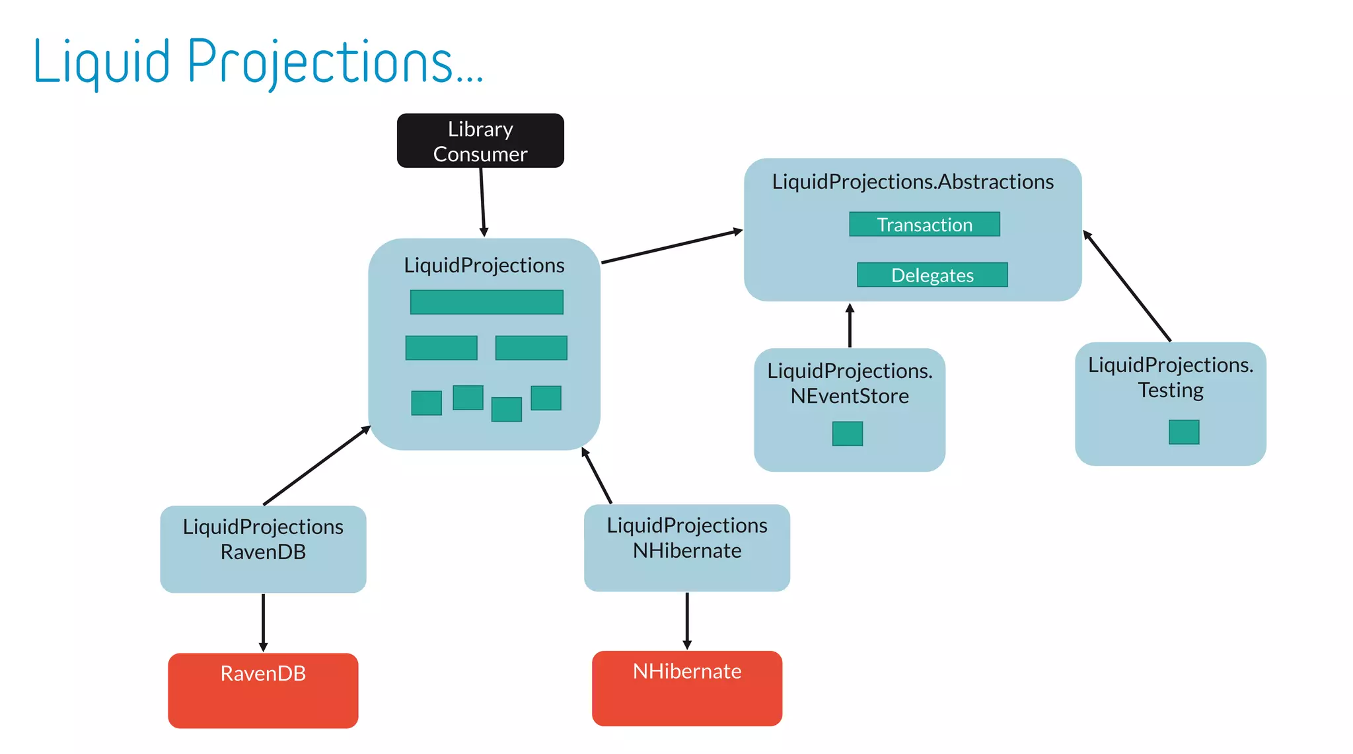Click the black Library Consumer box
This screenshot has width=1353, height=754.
click(x=480, y=141)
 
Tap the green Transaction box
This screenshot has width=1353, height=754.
click(x=924, y=224)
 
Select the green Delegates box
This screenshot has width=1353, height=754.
click(x=932, y=275)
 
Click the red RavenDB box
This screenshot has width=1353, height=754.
click(x=263, y=691)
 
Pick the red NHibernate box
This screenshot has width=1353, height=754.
click(x=687, y=689)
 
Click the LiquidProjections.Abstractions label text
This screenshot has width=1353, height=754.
click(x=912, y=182)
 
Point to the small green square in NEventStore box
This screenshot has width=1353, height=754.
click(x=848, y=434)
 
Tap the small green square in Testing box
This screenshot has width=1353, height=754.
click(x=1183, y=432)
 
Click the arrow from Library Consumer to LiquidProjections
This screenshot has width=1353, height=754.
click(x=482, y=202)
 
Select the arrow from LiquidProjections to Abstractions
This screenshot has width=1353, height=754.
click(x=672, y=246)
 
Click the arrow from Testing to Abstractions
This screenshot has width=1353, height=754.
click(x=1127, y=285)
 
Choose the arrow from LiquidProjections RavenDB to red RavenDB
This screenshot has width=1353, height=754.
click(x=263, y=622)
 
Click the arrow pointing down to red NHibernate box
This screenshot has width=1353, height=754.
click(x=687, y=620)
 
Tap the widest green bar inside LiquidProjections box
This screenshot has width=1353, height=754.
click(x=487, y=302)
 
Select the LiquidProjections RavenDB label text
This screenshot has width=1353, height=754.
click(x=263, y=539)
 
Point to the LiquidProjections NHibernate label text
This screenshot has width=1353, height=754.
click(x=687, y=537)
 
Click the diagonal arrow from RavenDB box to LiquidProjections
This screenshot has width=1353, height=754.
click(x=316, y=466)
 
